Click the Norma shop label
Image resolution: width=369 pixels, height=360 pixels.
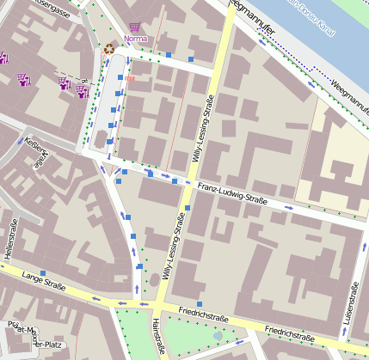[135, 39]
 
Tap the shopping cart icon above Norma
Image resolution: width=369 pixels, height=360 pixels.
[134, 27]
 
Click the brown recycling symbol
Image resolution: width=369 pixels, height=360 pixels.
[109, 49]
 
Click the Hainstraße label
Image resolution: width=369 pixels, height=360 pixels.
[157, 337]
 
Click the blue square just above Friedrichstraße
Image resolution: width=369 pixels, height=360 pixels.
[199, 304]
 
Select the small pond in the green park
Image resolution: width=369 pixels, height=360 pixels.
[218, 334]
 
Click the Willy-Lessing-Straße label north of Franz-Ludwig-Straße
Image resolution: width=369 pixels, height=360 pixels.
[208, 129]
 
